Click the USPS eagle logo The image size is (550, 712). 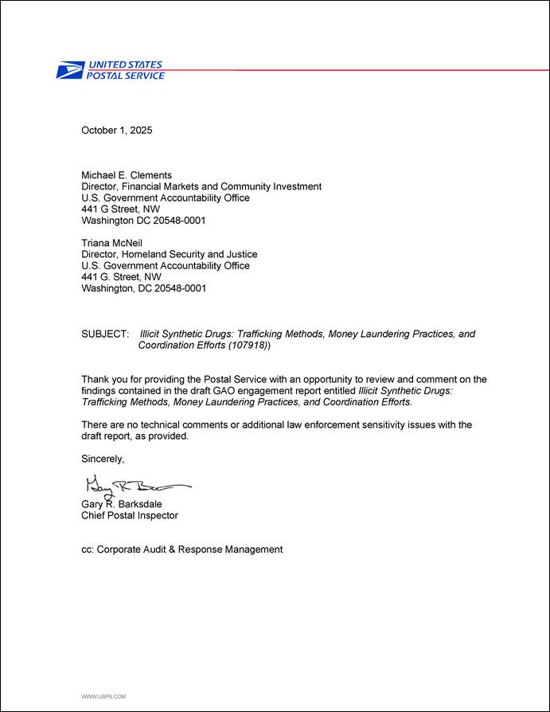[x=69, y=71]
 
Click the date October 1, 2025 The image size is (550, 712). [x=116, y=130]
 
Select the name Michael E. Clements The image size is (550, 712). [x=127, y=175]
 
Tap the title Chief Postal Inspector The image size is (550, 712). [x=130, y=515]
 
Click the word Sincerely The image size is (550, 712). [x=103, y=459]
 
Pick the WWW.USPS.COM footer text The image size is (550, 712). [x=103, y=696]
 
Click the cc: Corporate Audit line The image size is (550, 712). [x=181, y=550]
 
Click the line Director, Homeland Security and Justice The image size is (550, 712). [x=170, y=255]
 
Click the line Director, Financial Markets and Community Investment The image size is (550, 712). [x=201, y=186]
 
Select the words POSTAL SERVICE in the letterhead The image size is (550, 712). [x=125, y=76]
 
